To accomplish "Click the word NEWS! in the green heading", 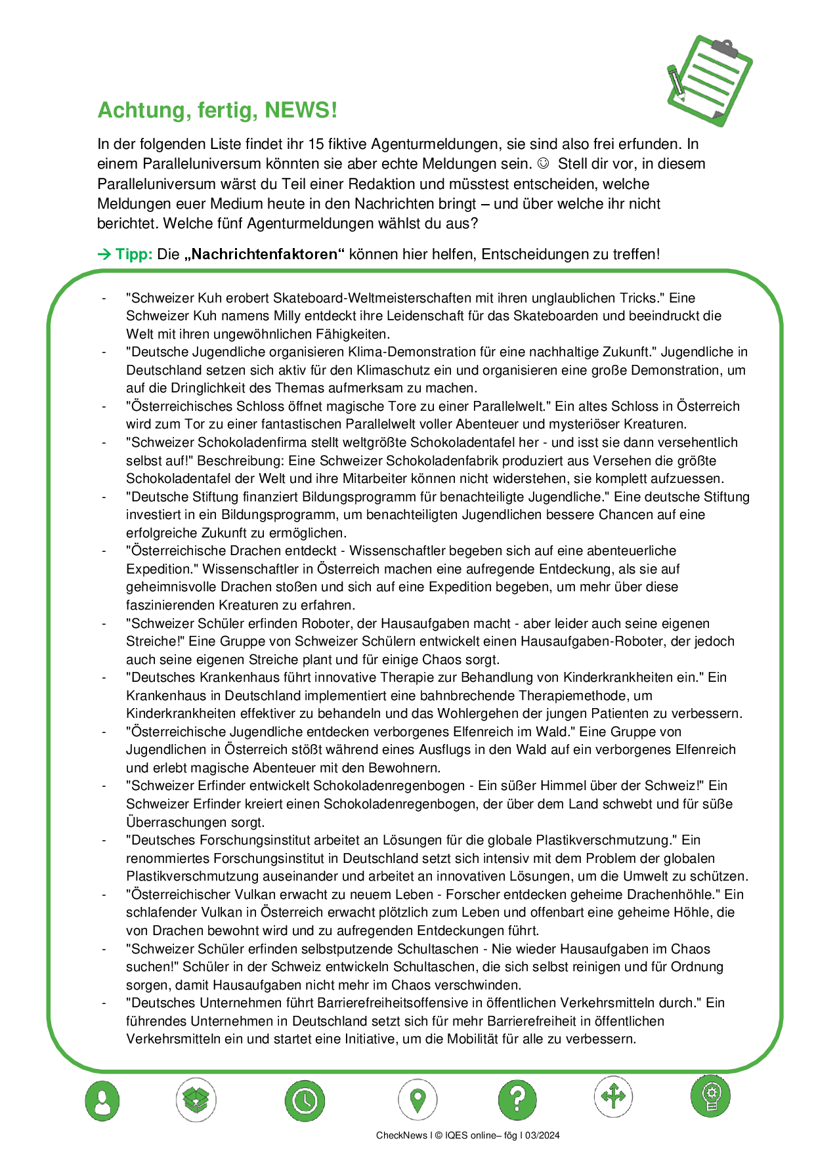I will click(301, 110).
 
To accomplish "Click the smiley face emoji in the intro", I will click(543, 163).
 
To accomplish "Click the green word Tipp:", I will click(134, 254).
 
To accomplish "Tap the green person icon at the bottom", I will click(102, 1100).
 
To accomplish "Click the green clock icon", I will click(305, 1100).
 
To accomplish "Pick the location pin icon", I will click(418, 1099).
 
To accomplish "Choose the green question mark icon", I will click(517, 1099).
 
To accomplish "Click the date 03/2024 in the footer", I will click(541, 1135).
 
